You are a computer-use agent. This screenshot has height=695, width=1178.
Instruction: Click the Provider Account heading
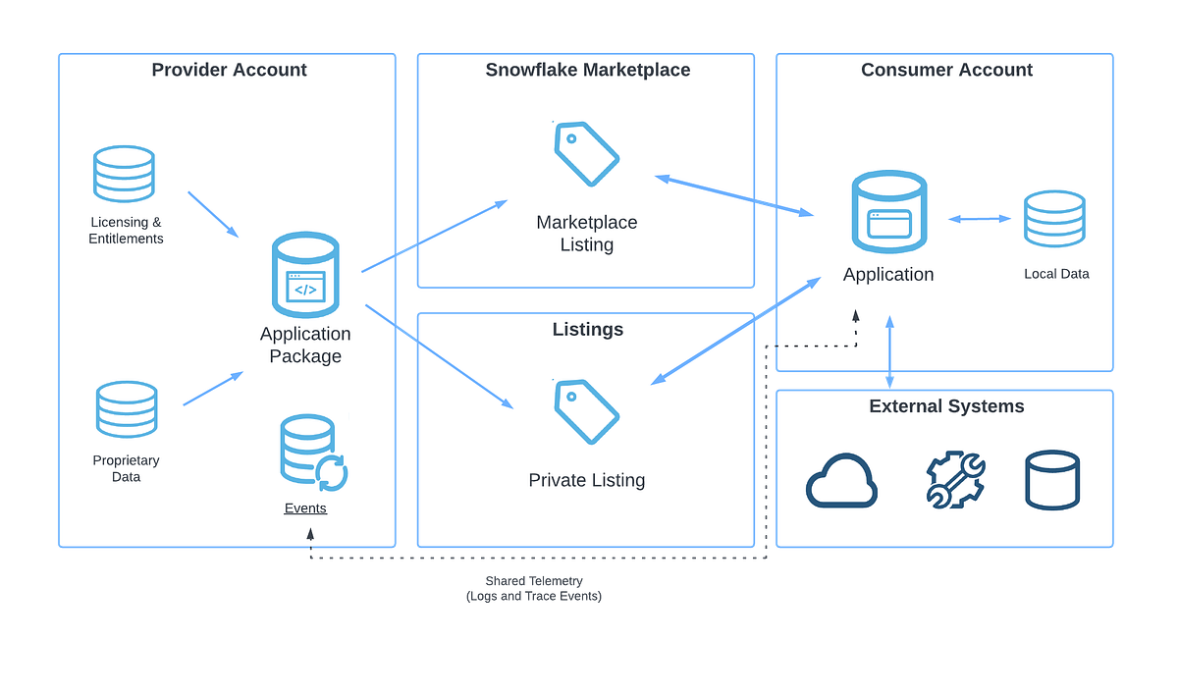pos(229,70)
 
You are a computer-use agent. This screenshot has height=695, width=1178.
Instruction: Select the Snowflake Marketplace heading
pos(587,70)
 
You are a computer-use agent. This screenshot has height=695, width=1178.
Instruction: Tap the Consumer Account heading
pos(946,70)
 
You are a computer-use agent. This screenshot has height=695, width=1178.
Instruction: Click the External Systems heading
pos(946,406)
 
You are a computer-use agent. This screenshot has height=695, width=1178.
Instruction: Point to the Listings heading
pos(587,330)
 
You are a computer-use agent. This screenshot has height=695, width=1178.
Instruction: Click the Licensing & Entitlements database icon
pos(124,174)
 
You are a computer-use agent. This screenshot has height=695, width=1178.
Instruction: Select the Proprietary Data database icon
pos(126,409)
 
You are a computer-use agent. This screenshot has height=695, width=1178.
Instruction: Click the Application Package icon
pos(304,275)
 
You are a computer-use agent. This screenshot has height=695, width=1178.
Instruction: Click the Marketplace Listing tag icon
pos(587,153)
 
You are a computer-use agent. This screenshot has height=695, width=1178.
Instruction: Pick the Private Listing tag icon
pos(587,411)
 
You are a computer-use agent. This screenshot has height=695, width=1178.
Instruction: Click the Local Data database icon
pos(1054,219)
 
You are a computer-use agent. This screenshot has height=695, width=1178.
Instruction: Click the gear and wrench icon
pos(954,480)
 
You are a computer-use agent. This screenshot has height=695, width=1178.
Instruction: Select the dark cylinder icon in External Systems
pos(1052,480)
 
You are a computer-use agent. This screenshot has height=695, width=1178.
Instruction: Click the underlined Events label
pos(305,508)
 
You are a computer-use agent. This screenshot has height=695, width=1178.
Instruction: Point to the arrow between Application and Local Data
pos(979,219)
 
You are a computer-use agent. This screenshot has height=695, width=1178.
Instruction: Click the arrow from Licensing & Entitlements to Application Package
pos(213,214)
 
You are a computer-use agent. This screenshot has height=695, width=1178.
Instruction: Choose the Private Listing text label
pos(587,480)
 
